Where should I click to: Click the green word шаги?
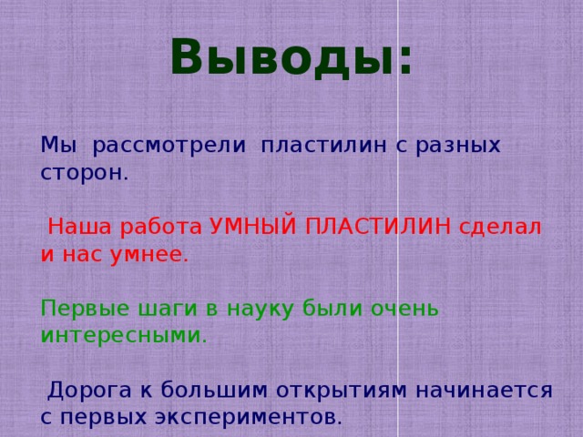[x=158, y=309]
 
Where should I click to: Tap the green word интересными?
[x=124, y=336]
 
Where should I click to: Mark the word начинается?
[x=484, y=391]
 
